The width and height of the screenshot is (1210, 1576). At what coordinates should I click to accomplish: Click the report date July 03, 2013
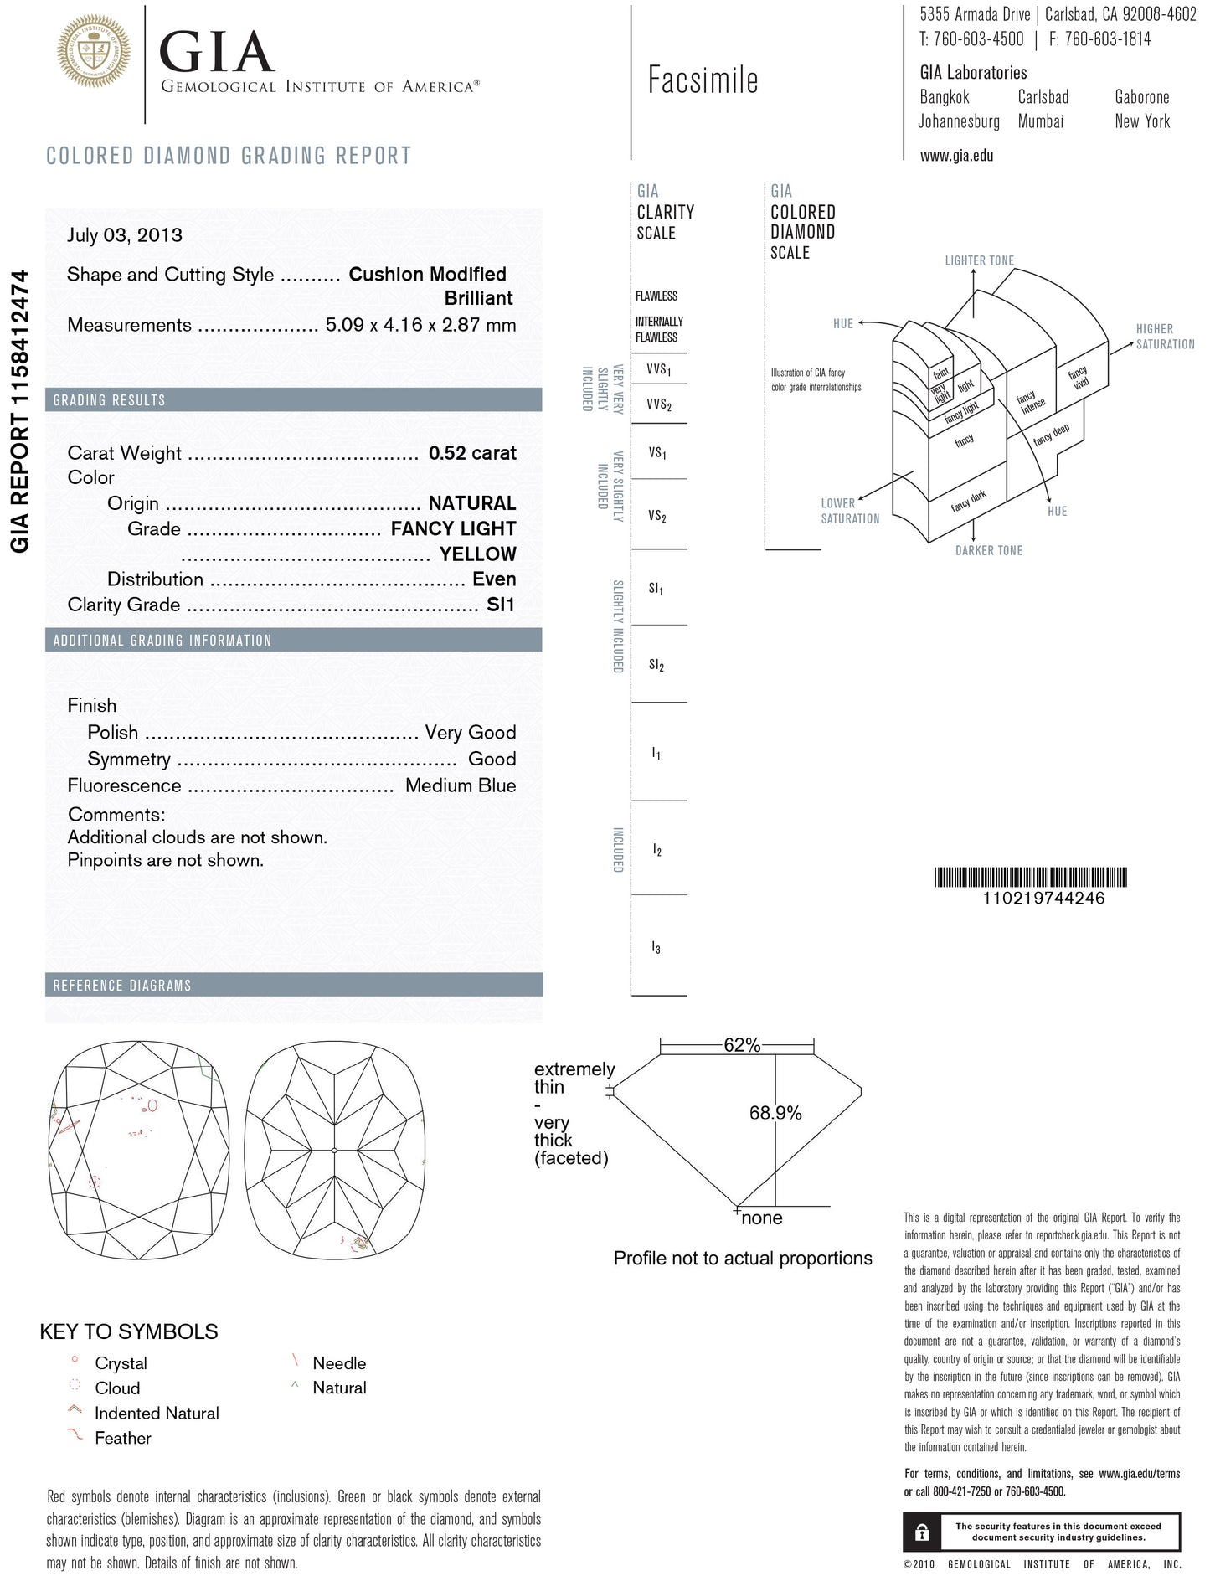pos(125,235)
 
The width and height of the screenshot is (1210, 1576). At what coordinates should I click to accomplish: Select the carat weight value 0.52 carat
pos(472,453)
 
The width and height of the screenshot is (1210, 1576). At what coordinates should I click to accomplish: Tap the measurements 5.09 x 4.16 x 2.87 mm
pos(420,325)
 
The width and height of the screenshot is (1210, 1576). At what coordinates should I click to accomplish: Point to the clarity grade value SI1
pos(501,605)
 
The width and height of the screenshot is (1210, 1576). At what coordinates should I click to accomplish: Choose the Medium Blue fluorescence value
pos(461,785)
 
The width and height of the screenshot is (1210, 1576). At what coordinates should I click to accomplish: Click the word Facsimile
pos(703,80)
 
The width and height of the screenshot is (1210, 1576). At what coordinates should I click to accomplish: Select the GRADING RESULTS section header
pos(110,400)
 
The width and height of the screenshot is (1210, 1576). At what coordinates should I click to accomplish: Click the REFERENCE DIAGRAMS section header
pos(122,986)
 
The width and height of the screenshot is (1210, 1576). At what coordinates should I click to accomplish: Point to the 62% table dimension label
pos(742,1045)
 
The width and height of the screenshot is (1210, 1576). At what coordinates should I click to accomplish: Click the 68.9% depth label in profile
pos(775,1113)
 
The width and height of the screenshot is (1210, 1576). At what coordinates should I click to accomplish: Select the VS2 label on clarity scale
pos(657,516)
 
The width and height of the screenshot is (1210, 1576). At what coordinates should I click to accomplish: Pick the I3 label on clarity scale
pos(656,948)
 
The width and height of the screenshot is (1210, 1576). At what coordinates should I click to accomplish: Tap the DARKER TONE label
pos(989,550)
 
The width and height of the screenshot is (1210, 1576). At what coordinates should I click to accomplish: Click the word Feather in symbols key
pos(122,1438)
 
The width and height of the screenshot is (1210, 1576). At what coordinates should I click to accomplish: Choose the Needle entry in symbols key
pos(339,1363)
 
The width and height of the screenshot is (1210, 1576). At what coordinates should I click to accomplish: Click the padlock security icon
pos(922,1532)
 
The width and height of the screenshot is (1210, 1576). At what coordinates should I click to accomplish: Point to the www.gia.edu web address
pos(956,155)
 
